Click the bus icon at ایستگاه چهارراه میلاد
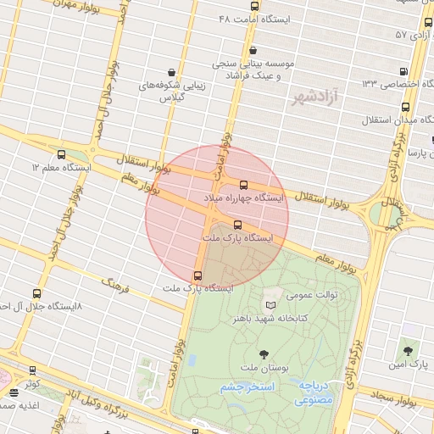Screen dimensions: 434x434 point(244,185)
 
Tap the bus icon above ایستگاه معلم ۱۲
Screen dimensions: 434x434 point(61,155)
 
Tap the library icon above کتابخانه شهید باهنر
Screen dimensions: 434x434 point(270,305)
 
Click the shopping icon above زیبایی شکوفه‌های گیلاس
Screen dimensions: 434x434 point(173,72)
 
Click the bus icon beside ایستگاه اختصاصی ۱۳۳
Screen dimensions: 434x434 point(404,72)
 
